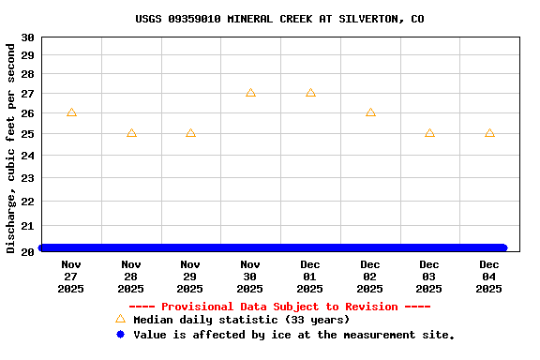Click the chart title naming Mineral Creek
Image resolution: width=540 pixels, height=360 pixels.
click(279, 19)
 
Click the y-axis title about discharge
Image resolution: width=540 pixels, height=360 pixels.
click(11, 147)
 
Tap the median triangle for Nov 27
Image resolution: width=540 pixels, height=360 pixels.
click(71, 112)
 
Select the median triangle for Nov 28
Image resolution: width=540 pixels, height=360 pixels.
click(131, 133)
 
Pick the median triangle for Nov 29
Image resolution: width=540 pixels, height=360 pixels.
click(190, 133)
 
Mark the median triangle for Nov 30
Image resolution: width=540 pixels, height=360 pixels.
click(250, 93)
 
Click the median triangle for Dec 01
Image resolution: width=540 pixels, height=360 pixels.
click(310, 93)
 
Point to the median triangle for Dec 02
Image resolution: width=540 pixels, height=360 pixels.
click(370, 112)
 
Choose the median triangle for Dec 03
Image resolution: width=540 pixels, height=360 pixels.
click(429, 133)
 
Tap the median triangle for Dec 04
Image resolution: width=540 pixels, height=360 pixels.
click(489, 133)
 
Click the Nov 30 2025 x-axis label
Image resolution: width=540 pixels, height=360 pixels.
click(250, 277)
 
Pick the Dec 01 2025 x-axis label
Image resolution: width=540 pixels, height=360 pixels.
click(310, 277)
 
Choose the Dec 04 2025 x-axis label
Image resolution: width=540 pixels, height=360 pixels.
click(489, 277)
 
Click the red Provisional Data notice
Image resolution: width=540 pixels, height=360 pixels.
click(279, 307)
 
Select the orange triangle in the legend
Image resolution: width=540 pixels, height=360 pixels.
click(120, 319)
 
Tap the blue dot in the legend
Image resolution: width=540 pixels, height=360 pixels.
click(120, 334)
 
